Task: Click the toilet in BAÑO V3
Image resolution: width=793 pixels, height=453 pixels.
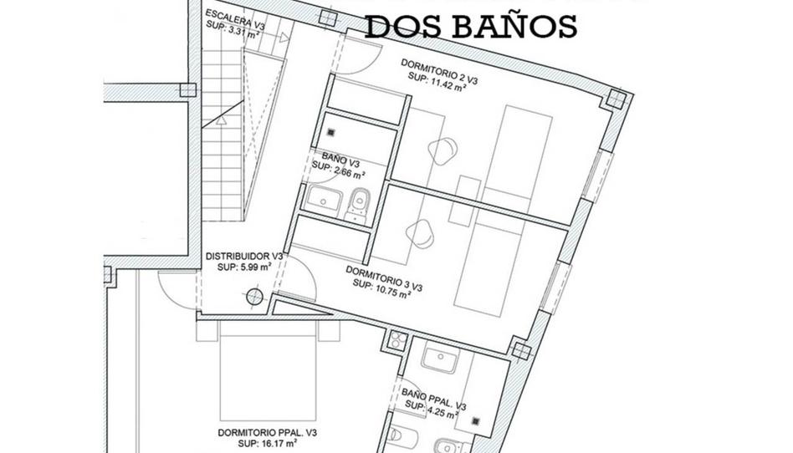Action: tap(358, 203)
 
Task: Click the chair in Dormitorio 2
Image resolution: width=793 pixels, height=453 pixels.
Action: tap(443, 150)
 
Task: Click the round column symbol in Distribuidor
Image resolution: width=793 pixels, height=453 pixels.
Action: tap(253, 294)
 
